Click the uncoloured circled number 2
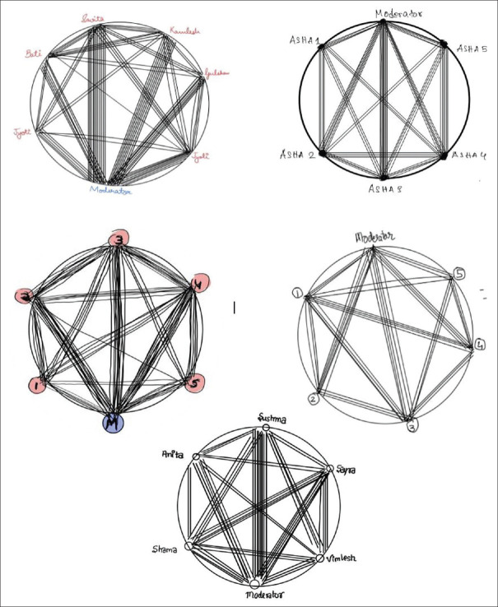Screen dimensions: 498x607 click(313, 399)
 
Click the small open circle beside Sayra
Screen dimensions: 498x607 click(328, 469)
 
